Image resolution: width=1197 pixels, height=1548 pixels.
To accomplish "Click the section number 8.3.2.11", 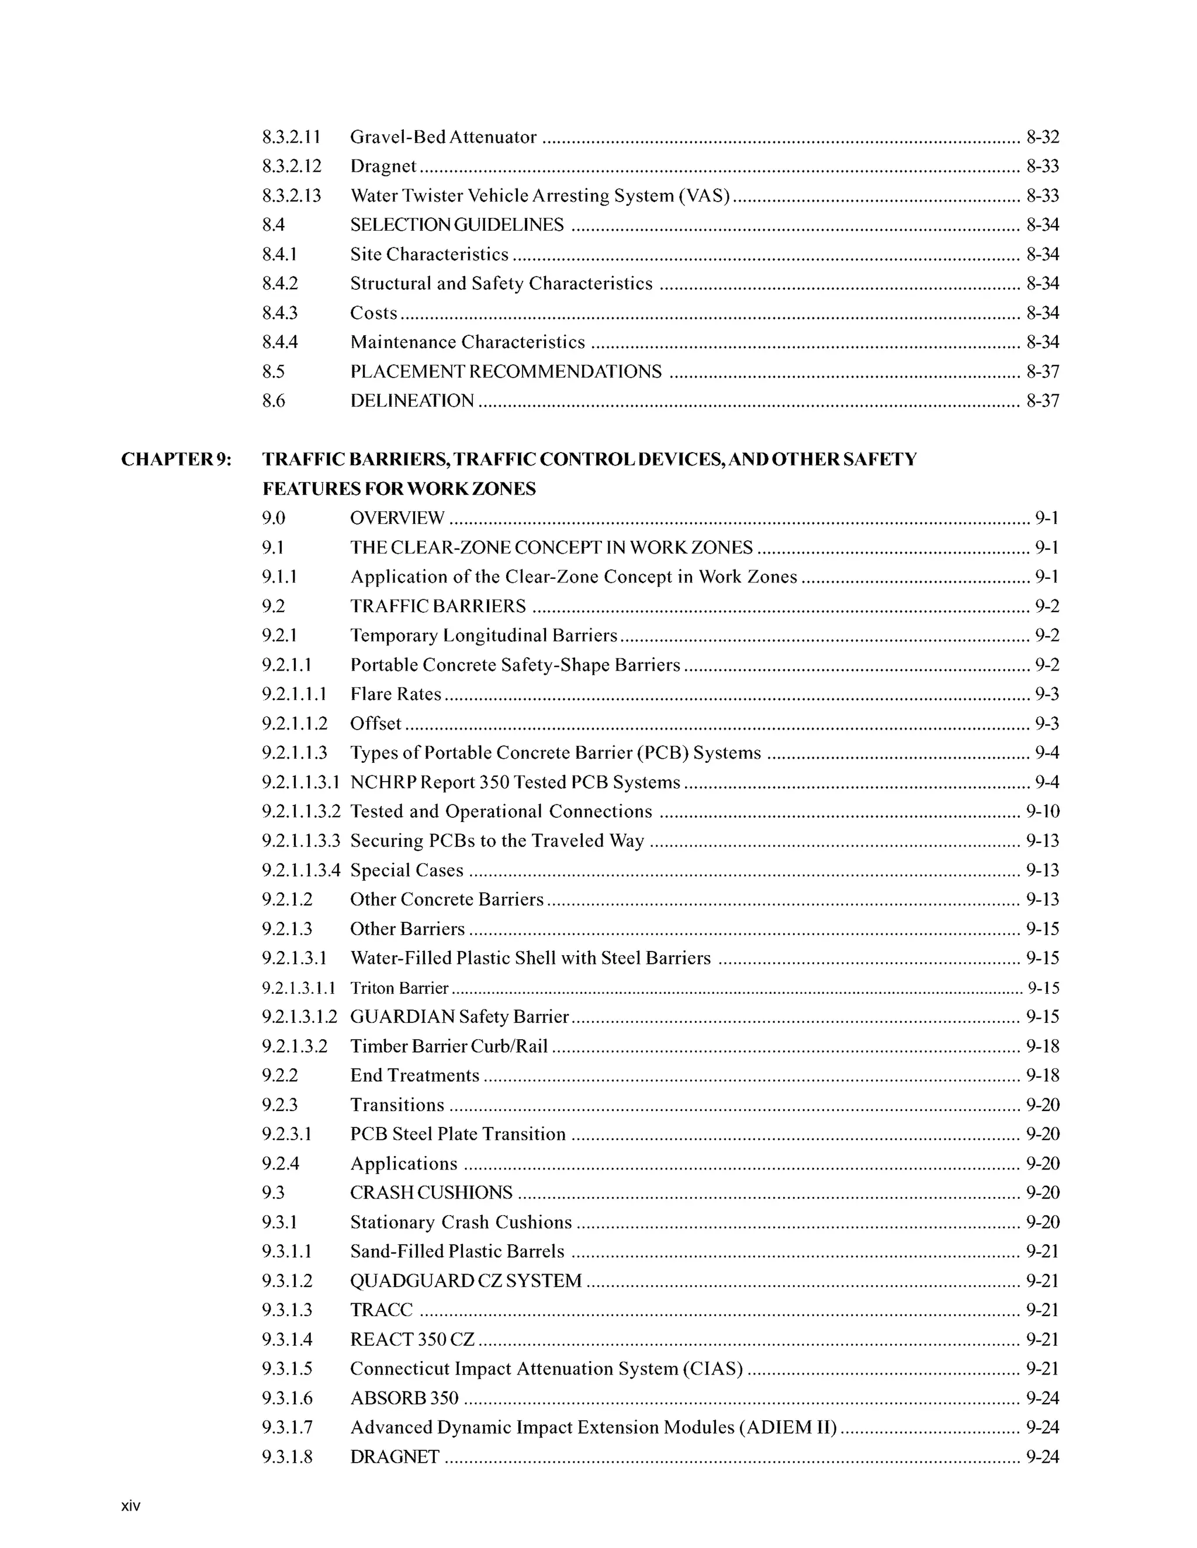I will [x=290, y=137].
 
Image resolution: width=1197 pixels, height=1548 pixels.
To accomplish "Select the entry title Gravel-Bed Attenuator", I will [x=443, y=137].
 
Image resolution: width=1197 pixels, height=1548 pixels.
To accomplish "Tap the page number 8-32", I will [x=1043, y=137].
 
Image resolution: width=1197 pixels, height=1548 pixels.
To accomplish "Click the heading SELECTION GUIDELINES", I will [x=456, y=225].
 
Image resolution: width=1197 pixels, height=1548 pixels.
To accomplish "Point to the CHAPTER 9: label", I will [x=176, y=459].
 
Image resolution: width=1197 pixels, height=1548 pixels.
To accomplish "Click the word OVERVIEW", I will [x=397, y=518].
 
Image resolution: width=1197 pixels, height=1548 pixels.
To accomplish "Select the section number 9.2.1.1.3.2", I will [x=300, y=811].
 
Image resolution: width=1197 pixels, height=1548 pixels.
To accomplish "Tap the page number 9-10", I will [x=1043, y=811].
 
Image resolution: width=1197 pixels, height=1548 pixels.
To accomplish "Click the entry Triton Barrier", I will [x=399, y=987].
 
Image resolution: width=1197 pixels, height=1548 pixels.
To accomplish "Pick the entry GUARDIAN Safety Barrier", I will [x=459, y=1016].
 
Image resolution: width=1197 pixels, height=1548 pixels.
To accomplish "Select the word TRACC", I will [x=382, y=1310].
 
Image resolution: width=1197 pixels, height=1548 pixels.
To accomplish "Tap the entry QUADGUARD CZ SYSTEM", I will [x=466, y=1280].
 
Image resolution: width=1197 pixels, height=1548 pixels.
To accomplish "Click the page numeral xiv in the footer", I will [x=131, y=1506].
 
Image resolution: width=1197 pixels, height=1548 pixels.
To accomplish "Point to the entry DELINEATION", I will [x=412, y=401].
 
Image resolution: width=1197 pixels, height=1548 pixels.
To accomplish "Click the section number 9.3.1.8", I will [x=286, y=1456].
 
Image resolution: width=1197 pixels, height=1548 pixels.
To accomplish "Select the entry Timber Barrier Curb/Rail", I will [x=449, y=1046].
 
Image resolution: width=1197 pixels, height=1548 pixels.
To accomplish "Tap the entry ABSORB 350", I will [x=404, y=1398].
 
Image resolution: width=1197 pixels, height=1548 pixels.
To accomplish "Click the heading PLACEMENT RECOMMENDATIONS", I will [x=506, y=372].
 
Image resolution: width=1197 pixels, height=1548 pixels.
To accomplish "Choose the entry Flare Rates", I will [x=396, y=694].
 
